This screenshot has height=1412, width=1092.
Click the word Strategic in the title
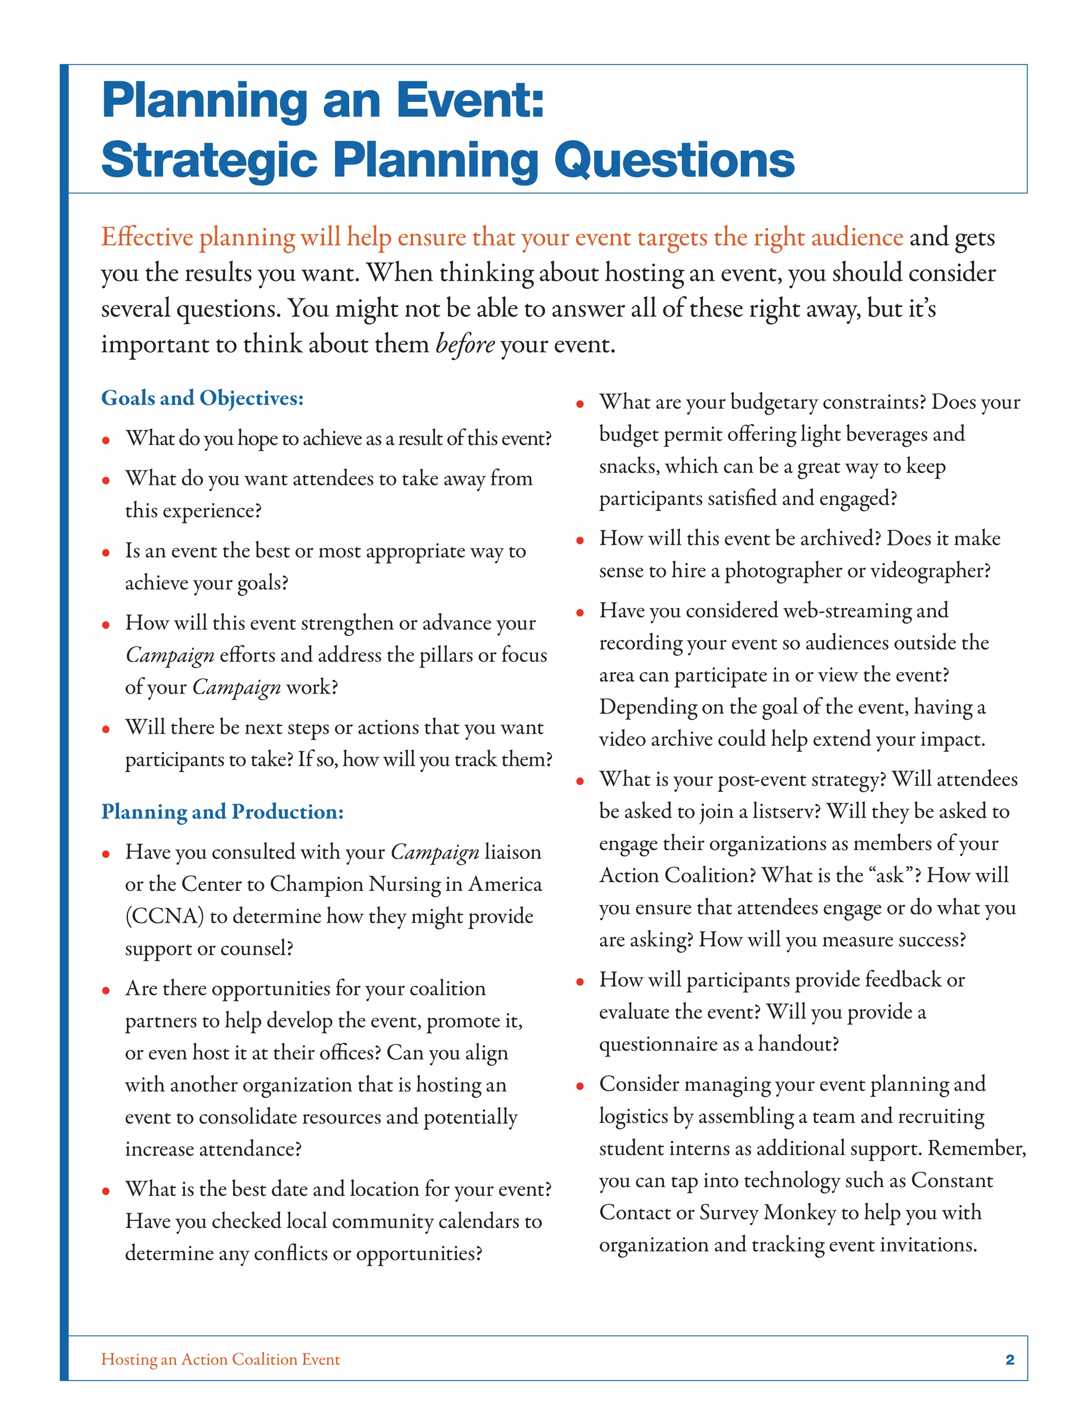[209, 160]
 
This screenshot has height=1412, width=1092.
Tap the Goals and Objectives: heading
[203, 397]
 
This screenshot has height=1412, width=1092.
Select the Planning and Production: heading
[222, 812]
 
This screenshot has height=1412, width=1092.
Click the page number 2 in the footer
[1010, 1359]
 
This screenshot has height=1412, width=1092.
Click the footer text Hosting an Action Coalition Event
[221, 1359]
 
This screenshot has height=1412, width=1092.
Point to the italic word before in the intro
[465, 344]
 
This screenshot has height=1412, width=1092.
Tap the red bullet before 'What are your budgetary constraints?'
[580, 404]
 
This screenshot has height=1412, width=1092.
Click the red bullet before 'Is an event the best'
[106, 553]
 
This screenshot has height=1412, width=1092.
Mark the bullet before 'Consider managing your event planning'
[580, 1086]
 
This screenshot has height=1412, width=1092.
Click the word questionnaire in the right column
[661, 1044]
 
